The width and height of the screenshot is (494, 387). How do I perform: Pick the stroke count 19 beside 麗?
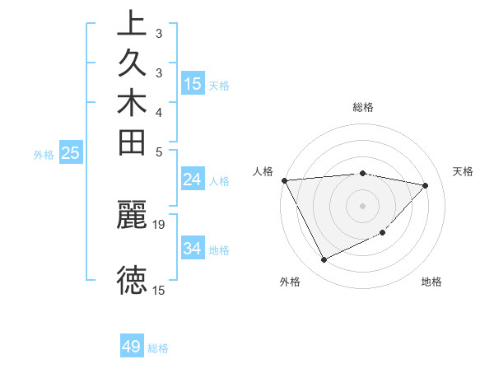coord(160,224)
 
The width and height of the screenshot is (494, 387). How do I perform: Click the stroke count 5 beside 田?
coord(158,152)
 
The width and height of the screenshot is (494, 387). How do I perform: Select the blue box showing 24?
coord(193,180)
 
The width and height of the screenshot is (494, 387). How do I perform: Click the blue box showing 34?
coord(193,248)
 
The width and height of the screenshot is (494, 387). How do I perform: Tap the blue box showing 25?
coord(71,152)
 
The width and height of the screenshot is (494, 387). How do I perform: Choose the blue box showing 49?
coord(132,347)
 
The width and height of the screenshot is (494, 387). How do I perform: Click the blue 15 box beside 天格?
coord(193,83)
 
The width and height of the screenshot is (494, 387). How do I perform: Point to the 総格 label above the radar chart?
coord(362,107)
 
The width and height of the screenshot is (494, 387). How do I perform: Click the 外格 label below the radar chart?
coord(290,282)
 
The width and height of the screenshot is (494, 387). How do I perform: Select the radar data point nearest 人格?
coord(284,180)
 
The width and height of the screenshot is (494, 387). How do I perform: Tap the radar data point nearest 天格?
coord(426,185)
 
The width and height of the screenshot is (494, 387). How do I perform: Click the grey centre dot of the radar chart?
coord(362,205)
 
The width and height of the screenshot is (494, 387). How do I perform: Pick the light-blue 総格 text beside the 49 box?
coord(158,348)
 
